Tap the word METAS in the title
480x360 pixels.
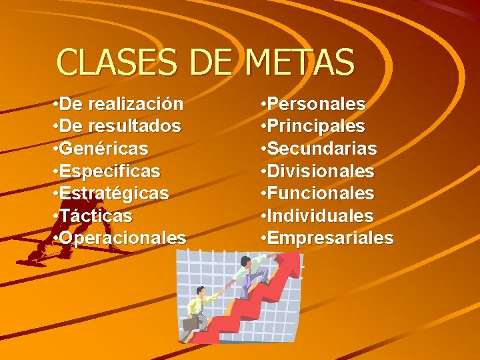[x=299, y=63]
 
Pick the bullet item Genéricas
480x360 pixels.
[x=103, y=148]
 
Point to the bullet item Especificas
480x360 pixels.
[x=109, y=171]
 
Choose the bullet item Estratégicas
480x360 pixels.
[x=114, y=193]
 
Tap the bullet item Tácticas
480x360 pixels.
[x=95, y=216]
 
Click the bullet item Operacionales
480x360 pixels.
[x=123, y=238]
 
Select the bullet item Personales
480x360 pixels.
[x=317, y=104]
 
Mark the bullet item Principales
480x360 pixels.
[x=317, y=126]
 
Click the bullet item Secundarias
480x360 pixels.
[x=323, y=148]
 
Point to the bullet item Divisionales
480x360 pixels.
[x=322, y=171]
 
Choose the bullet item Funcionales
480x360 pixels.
[x=322, y=193]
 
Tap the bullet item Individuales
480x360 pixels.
[x=321, y=216]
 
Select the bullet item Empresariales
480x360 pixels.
[x=331, y=238]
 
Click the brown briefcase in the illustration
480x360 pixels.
[x=191, y=323]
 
